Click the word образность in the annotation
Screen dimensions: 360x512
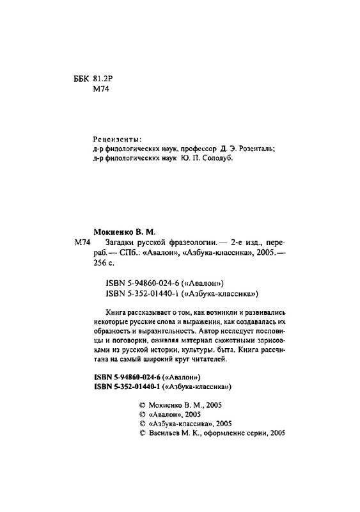pyautogui.click(x=112, y=331)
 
